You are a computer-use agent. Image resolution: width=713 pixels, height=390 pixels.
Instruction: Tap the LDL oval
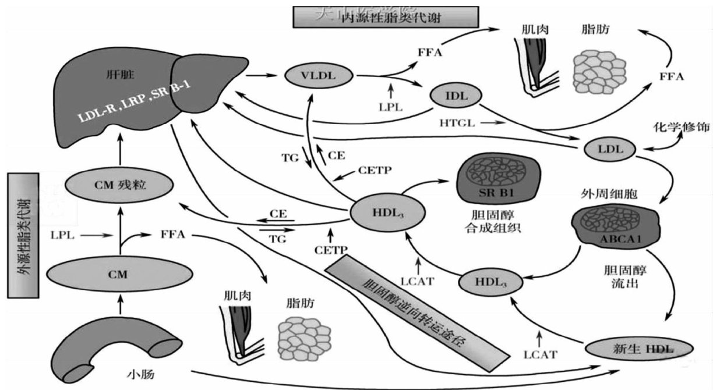(610, 150)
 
